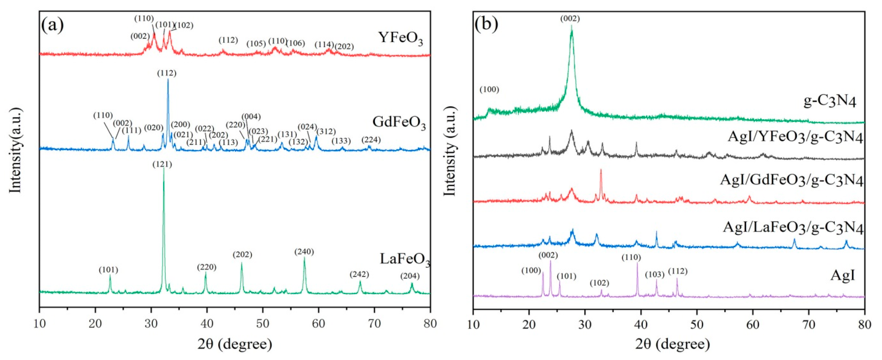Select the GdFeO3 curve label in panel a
(399, 122)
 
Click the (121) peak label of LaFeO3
(162, 165)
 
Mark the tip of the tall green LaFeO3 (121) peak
(164, 170)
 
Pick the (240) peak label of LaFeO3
(304, 252)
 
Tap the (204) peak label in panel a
(410, 276)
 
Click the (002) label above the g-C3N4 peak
(570, 18)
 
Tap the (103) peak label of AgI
(655, 274)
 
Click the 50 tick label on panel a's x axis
(263, 324)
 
